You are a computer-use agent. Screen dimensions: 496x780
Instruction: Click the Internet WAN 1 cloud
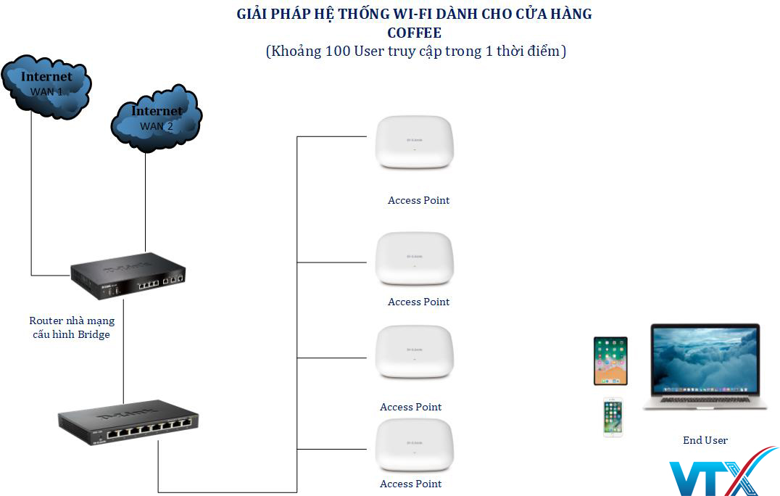coord(46,83)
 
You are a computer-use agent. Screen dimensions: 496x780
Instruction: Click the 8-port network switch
coord(128,423)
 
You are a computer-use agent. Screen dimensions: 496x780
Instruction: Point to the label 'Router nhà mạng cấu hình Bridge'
coord(72,327)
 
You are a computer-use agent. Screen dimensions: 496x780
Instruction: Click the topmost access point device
coord(413,144)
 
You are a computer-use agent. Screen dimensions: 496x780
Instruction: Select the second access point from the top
coord(413,260)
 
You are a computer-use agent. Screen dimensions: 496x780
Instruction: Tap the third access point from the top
coord(413,352)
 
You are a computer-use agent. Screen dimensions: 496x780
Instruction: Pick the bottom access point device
coord(413,447)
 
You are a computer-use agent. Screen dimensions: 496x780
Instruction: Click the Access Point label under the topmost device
coord(418,200)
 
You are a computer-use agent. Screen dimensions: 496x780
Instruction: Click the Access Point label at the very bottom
coord(410,484)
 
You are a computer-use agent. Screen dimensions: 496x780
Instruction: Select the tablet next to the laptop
coord(610,360)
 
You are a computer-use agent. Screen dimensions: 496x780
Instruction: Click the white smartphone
coord(613,417)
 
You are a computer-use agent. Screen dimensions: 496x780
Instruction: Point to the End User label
coord(705,440)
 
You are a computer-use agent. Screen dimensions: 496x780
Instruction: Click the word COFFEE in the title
coord(414,33)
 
